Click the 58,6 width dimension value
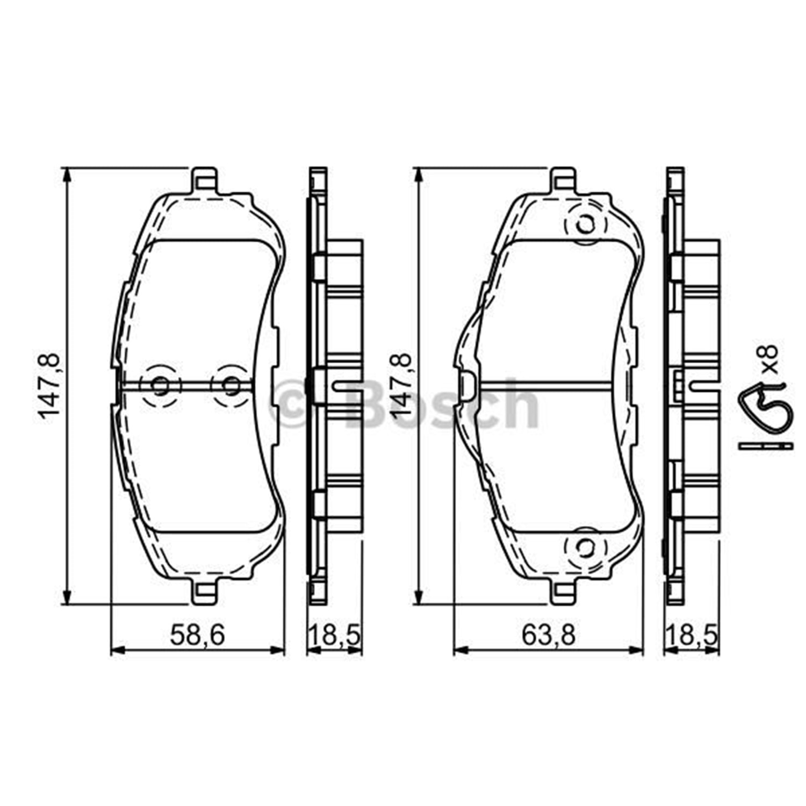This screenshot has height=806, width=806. coord(197,636)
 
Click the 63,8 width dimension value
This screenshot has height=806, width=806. coord(548,636)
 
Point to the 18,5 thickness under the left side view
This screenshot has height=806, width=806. coord(333,636)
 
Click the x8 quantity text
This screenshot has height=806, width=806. coord(770,359)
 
